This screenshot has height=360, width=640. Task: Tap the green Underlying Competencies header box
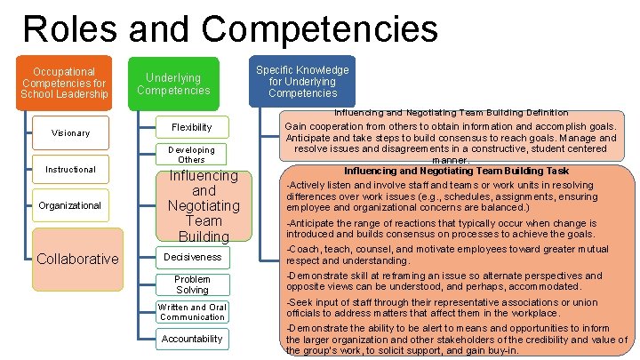tap(174, 84)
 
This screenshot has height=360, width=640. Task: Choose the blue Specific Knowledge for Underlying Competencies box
tap(302, 81)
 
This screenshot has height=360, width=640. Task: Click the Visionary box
tap(70, 132)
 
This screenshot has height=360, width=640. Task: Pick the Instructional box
tap(71, 169)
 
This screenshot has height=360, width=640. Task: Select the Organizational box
tap(70, 205)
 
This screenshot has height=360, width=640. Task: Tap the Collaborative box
tap(77, 259)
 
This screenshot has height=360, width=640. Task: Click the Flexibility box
tap(192, 127)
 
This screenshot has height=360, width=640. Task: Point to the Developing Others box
tap(192, 155)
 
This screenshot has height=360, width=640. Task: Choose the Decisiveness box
tap(192, 257)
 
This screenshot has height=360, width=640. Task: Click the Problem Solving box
tap(192, 284)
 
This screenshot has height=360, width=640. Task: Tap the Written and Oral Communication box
tap(192, 312)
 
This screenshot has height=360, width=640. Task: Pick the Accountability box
tap(192, 339)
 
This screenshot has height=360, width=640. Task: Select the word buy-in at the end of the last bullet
tap(504, 350)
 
